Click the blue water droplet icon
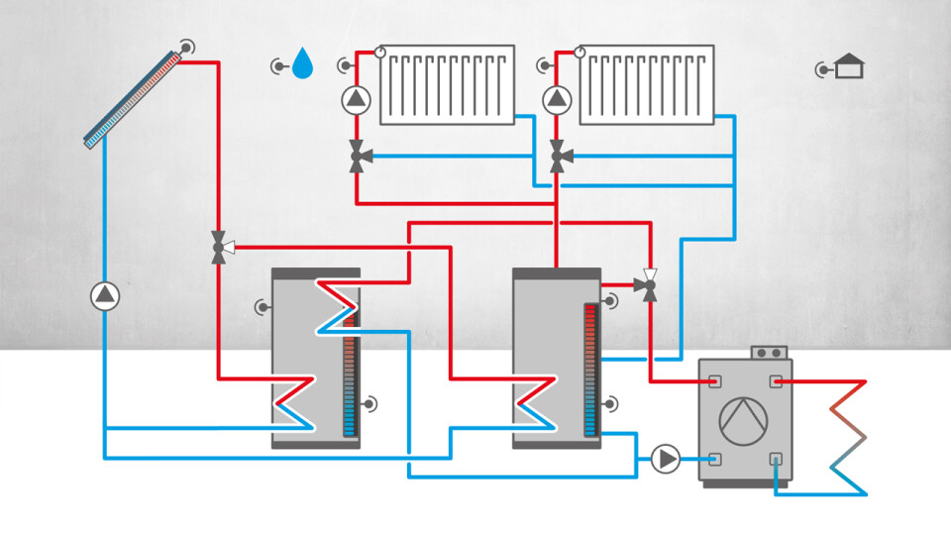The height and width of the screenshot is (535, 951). [x=302, y=66]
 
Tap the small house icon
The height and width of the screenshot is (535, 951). [x=849, y=67]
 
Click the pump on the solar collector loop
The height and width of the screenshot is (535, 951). [x=104, y=295]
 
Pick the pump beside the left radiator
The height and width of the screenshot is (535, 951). [x=356, y=99]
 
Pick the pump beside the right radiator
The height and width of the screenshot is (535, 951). [x=558, y=99]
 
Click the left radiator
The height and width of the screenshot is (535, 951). [x=448, y=84]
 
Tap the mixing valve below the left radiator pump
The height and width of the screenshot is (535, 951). [x=357, y=157]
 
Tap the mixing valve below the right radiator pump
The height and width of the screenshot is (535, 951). [x=559, y=156]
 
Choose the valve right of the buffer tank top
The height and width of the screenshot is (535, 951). [x=650, y=285]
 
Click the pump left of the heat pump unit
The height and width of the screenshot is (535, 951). [x=666, y=459]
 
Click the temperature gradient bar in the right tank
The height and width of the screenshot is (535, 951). [x=590, y=371]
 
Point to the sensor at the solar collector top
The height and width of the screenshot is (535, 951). [x=186, y=47]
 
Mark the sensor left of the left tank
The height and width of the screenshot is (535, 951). [x=262, y=306]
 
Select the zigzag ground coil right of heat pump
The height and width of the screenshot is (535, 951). [x=847, y=436]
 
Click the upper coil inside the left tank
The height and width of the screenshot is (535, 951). [x=335, y=307]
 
